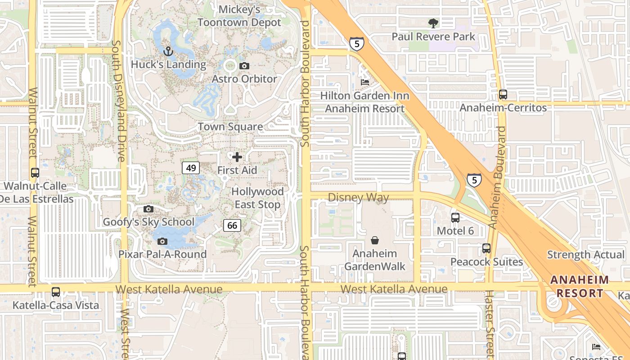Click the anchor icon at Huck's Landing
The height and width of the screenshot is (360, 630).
(168, 51)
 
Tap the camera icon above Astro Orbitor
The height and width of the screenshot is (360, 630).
(244, 66)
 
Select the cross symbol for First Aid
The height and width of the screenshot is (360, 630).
(237, 157)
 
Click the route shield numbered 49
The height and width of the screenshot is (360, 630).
(191, 168)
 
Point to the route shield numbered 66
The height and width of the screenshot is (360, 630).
(232, 225)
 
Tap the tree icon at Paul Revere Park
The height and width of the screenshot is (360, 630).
(433, 23)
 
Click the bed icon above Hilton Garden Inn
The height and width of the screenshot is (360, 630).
(365, 82)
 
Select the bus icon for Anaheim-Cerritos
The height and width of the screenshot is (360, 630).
(503, 94)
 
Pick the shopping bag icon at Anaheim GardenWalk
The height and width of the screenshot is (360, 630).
(374, 240)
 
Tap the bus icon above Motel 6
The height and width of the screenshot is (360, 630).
(455, 218)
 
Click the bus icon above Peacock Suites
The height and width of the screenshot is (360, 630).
(486, 248)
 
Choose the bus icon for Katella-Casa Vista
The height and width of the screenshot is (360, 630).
(56, 292)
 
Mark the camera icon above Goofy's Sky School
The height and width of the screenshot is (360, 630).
(148, 209)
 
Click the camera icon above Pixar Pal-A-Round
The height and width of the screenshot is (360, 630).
(162, 241)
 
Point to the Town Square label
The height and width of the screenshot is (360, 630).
(231, 126)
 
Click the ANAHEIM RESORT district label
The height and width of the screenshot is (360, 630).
(580, 287)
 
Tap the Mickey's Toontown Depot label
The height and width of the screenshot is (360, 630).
(239, 16)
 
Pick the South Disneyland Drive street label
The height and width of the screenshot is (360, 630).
(118, 101)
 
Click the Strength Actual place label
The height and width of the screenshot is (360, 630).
(585, 255)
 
